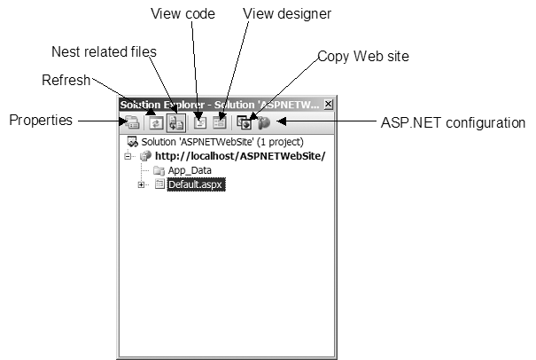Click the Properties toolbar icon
[132, 123]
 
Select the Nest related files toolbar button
[175, 123]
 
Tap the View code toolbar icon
[200, 123]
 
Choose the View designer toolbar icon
[220, 123]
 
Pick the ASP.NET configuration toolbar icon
[263, 123]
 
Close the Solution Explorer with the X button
[329, 105]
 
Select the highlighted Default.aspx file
[190, 184]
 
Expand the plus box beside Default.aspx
[142, 184]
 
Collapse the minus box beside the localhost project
[129, 156]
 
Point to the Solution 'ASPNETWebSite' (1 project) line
[221, 142]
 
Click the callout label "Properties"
[41, 120]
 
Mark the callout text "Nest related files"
[101, 51]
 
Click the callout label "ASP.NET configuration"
[453, 123]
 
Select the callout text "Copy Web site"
[363, 56]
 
